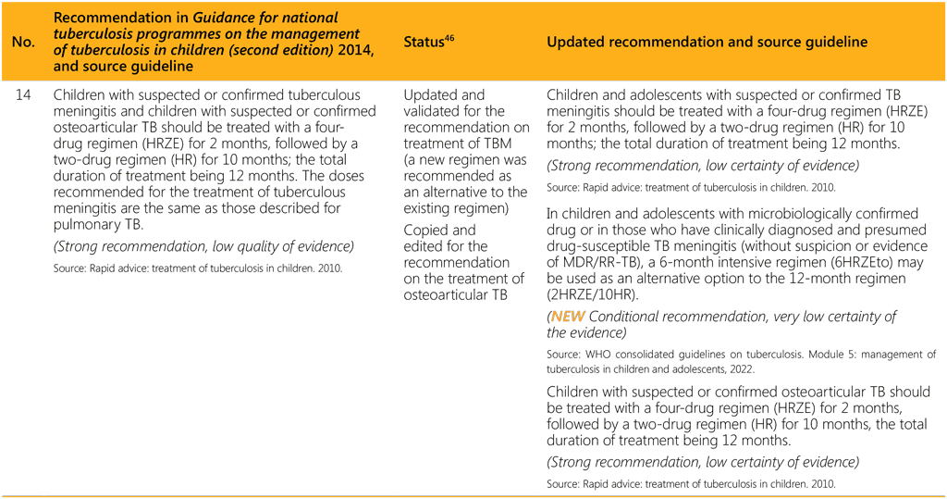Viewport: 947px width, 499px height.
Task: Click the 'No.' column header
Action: [23, 42]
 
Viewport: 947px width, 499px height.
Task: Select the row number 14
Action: [23, 95]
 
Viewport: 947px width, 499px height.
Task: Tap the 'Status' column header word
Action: [424, 43]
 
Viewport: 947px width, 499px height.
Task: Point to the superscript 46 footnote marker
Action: [449, 38]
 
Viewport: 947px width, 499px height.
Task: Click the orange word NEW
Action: [568, 317]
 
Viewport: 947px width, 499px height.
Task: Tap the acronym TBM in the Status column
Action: [497, 143]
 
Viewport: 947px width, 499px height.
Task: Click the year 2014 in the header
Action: [356, 50]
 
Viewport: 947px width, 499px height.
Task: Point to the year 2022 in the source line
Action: [741, 369]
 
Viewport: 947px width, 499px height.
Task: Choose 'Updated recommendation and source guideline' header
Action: [707, 42]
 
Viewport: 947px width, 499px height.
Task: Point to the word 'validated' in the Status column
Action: [429, 111]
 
